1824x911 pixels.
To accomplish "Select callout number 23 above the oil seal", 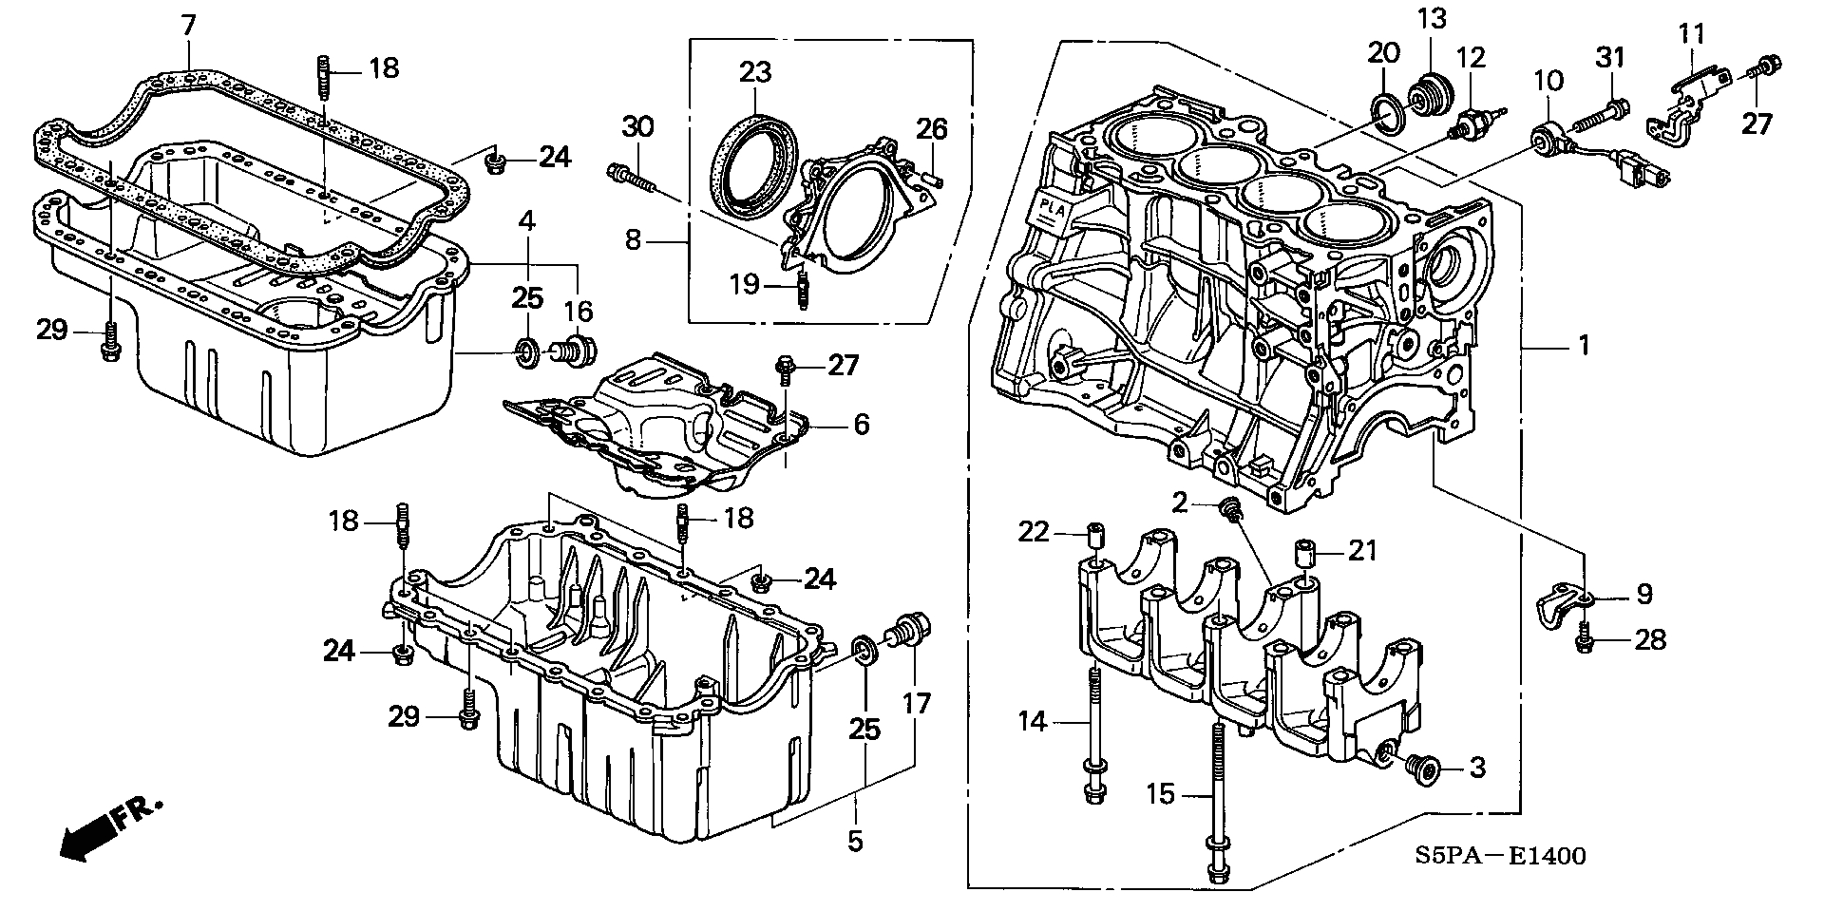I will coord(756,72).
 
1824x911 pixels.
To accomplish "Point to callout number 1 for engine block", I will coord(1584,346).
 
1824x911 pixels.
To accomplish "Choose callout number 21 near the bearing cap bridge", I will coord(1363,551).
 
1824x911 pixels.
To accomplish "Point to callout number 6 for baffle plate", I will coord(861,424).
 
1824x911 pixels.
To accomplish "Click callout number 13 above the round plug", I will coord(1431,18).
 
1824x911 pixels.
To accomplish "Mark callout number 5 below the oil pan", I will coord(855,842).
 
